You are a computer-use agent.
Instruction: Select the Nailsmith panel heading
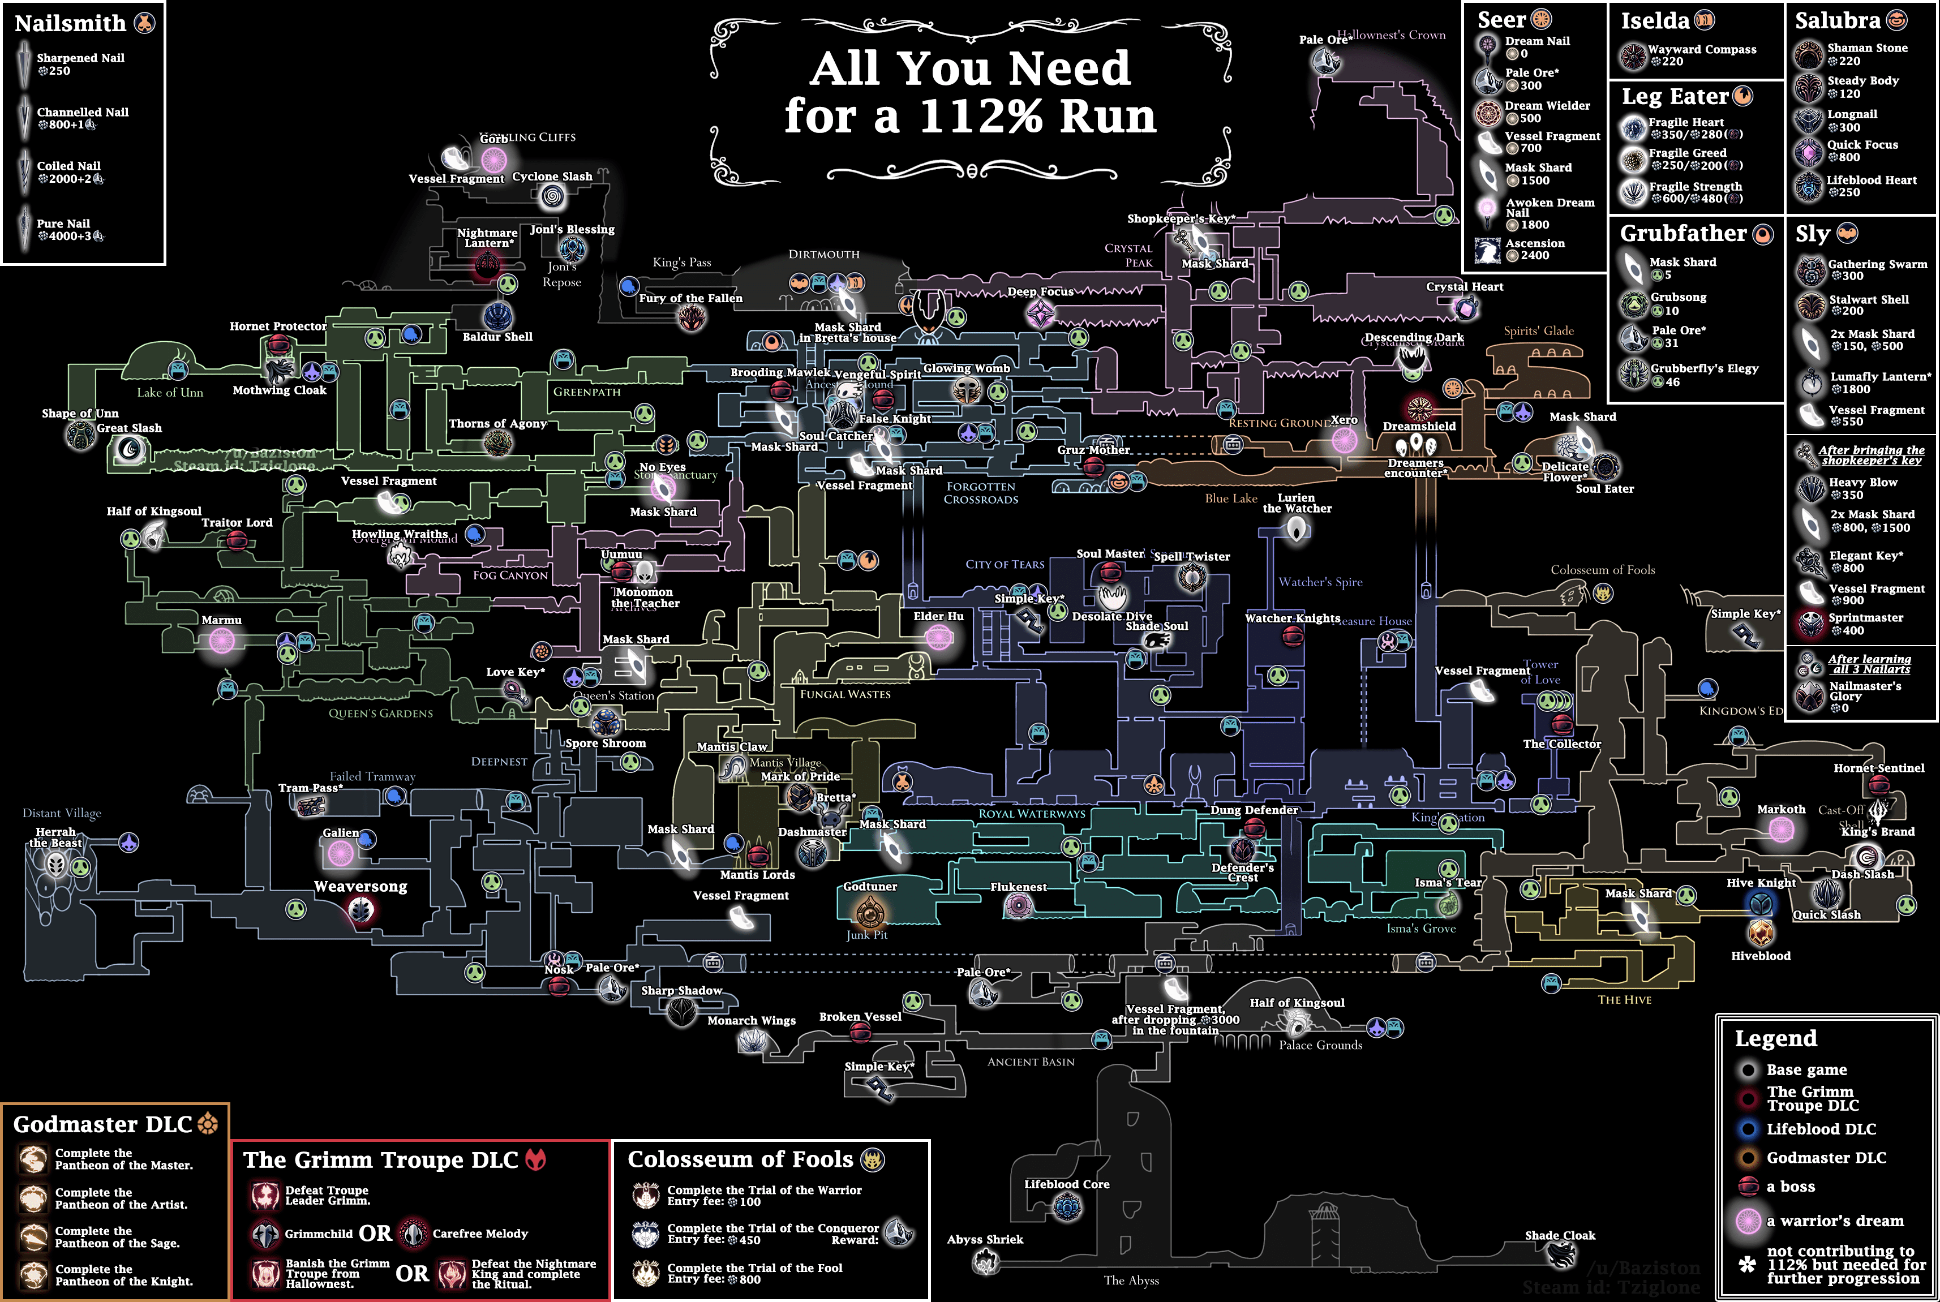[71, 23]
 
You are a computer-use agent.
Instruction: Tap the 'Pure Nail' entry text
[63, 224]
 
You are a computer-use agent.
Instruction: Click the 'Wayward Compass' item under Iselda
[1702, 50]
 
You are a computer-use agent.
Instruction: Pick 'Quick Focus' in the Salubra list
[1862, 144]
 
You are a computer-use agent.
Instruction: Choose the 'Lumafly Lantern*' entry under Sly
[1880, 376]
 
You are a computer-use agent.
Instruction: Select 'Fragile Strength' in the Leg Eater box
[1695, 187]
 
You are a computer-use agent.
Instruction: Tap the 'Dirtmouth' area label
[824, 254]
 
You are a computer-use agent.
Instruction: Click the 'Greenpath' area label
[586, 392]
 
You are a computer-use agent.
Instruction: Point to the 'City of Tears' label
[1004, 565]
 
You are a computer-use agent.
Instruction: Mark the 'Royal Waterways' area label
[1032, 814]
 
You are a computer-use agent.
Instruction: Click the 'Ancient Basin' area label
[1031, 1062]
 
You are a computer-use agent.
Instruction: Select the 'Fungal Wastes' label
[844, 694]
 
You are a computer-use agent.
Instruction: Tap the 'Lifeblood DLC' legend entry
[1821, 1129]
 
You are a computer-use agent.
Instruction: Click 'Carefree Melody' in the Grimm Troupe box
[479, 1234]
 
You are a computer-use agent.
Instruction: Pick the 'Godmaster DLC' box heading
[103, 1124]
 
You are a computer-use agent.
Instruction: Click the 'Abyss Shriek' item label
[985, 1240]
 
